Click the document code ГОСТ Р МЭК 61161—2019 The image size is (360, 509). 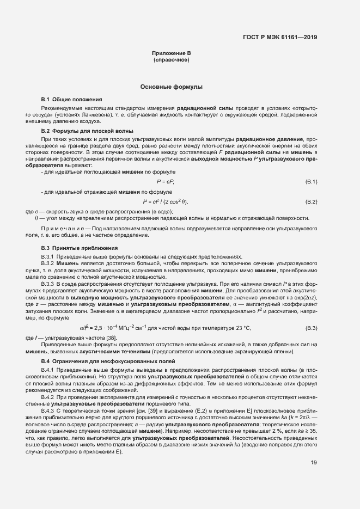pos(279,38)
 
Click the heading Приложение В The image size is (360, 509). pos(171,53)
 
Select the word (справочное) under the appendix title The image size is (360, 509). pos(171,59)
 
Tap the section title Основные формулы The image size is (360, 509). pos(171,87)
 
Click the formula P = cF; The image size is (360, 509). pos(166,181)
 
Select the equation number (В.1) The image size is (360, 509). pos(311,181)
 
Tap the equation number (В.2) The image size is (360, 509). pos(311,201)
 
